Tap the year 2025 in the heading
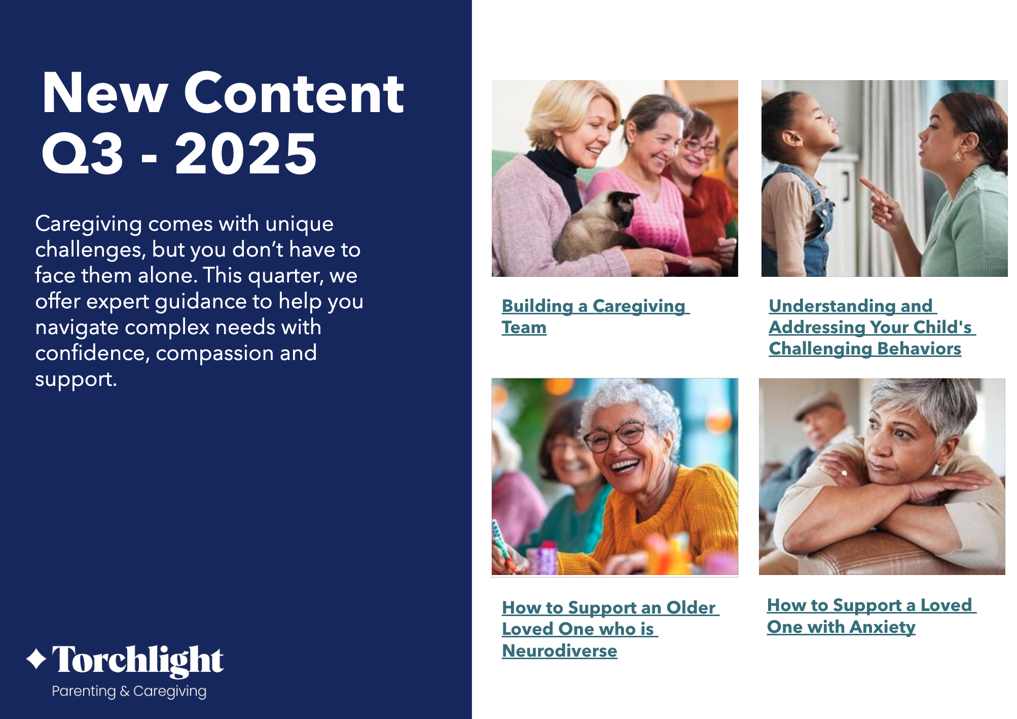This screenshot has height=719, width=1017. tap(246, 153)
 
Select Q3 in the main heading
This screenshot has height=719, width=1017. tap(83, 154)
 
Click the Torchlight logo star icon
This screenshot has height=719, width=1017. tap(37, 659)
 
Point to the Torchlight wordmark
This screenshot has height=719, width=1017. tap(137, 660)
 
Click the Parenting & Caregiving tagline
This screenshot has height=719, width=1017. tap(129, 691)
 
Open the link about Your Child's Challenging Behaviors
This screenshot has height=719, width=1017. tap(872, 327)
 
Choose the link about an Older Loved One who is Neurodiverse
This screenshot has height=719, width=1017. tap(610, 629)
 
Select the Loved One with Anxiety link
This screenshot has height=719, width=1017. tap(871, 616)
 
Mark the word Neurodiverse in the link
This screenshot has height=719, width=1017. tap(560, 651)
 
